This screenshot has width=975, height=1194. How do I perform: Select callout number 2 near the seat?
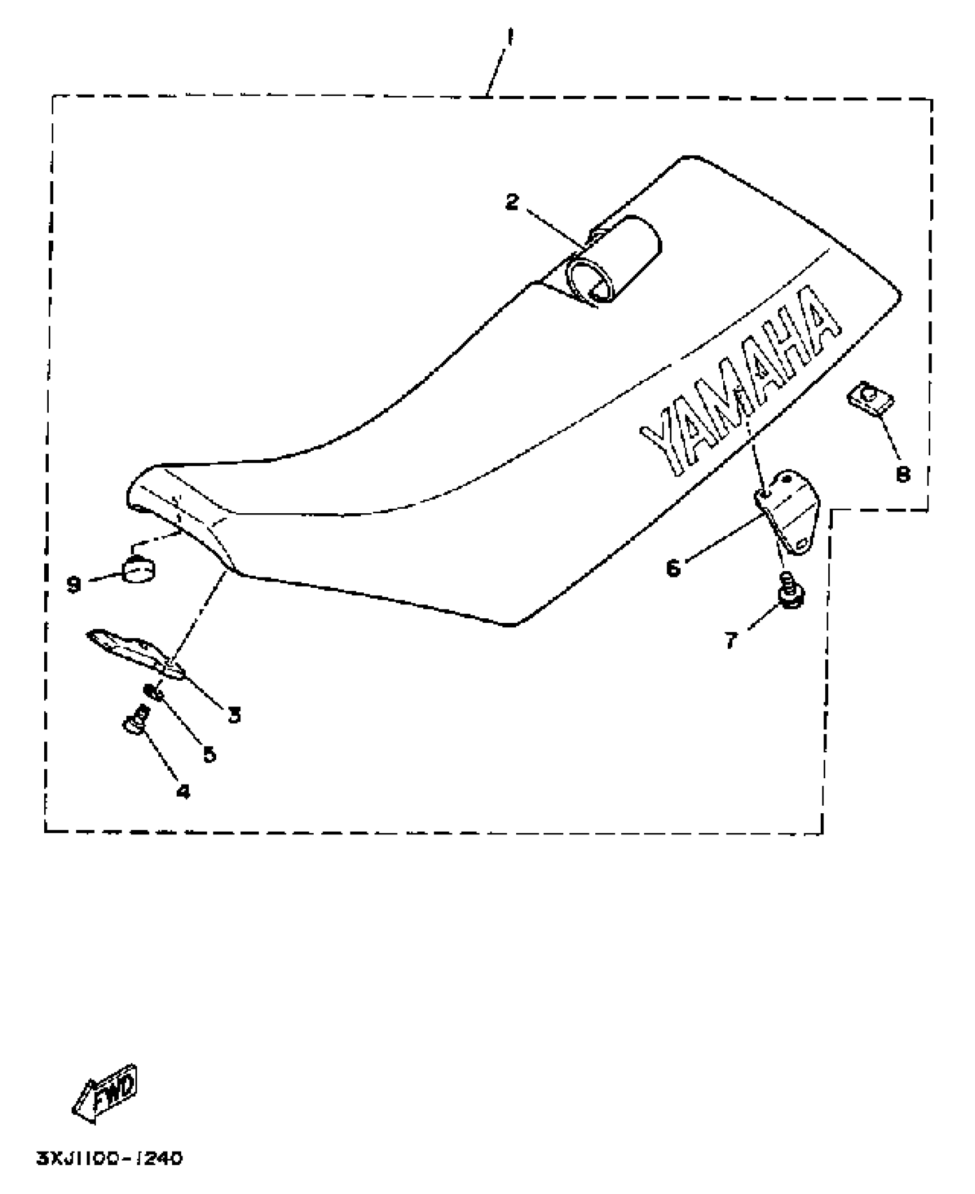[512, 201]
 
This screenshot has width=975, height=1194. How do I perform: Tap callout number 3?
[233, 714]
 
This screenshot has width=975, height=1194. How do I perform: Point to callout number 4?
[182, 792]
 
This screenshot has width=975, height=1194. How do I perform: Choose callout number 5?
[210, 754]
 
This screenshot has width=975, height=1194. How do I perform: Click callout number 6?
[673, 568]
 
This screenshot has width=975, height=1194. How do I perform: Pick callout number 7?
[730, 640]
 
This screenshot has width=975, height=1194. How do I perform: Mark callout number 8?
[903, 474]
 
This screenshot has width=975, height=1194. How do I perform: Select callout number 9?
[73, 585]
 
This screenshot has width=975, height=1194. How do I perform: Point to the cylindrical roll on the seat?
[614, 261]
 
